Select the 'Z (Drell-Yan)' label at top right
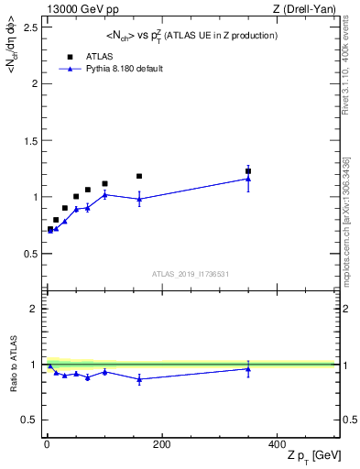tap(309, 9)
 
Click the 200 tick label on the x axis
tap(161, 444)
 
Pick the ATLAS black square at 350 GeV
tap(248, 171)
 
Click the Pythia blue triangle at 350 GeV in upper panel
tap(248, 179)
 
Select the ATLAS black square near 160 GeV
tap(139, 176)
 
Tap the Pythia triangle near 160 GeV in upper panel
tap(139, 199)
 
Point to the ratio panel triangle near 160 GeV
tap(139, 379)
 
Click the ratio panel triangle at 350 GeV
tap(248, 369)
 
